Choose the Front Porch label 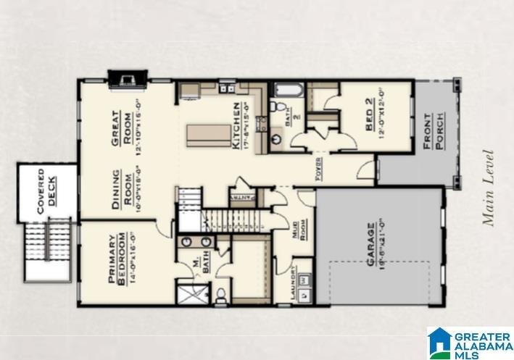coord(432,131)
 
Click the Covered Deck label coord(46,191)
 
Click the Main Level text coord(489,188)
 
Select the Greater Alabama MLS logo coord(469,343)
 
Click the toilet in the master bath coord(221,294)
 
